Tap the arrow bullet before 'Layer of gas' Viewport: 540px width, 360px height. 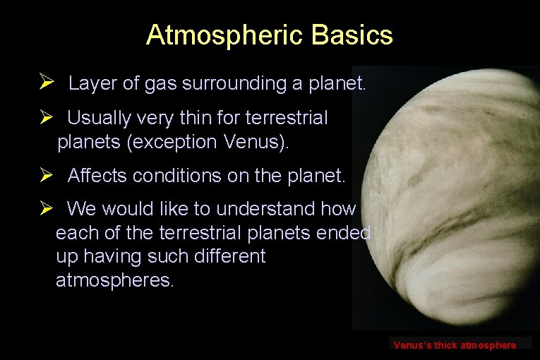coord(47,83)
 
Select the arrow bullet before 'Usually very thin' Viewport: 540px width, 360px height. coord(47,118)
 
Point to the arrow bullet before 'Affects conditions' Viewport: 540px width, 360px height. coord(47,175)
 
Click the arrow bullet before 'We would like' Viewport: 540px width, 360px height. coord(47,209)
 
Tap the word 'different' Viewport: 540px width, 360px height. coord(226,256)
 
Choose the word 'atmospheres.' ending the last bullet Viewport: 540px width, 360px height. coord(114,280)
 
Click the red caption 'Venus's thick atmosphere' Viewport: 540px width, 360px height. coord(455,345)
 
